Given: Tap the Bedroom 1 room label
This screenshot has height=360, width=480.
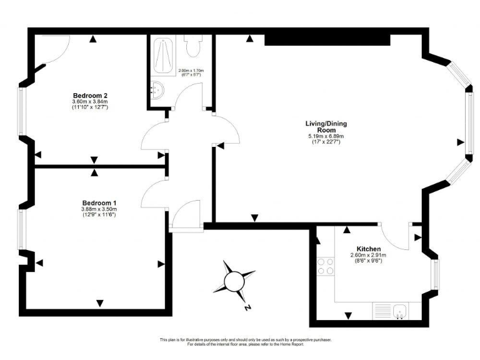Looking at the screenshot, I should (99, 202).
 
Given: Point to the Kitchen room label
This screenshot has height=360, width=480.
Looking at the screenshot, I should (369, 249).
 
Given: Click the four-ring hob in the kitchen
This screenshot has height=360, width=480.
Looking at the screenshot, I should (325, 266).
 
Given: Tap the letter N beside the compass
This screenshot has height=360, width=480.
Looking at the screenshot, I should (248, 307).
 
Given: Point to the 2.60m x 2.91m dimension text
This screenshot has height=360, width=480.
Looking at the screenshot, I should (369, 255).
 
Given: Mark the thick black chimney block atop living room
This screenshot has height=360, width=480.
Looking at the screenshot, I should (327, 39).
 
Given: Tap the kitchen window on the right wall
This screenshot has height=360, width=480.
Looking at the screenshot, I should (436, 273).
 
